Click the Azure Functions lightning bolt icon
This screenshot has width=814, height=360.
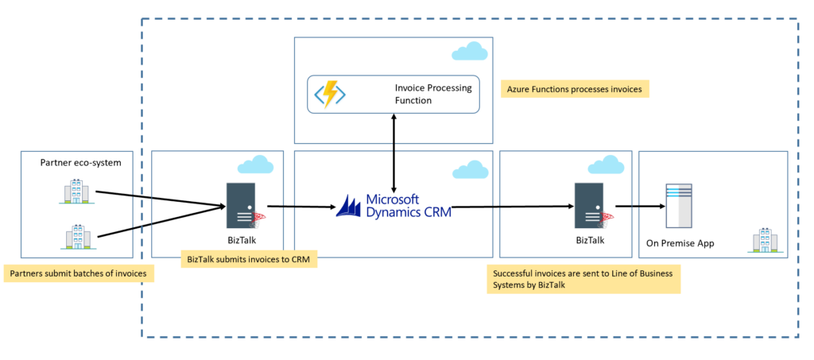point(330,94)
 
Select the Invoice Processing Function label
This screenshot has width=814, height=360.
point(432,94)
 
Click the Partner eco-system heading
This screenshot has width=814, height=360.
point(80,163)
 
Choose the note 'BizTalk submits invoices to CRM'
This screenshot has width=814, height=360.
point(250,258)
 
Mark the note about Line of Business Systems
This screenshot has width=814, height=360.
point(583,280)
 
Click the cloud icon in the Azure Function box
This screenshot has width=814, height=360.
point(469,52)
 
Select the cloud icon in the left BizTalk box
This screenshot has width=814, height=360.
point(255,165)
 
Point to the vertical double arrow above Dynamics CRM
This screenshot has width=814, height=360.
point(393,151)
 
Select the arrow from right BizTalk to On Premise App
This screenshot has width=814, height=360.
point(639,207)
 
